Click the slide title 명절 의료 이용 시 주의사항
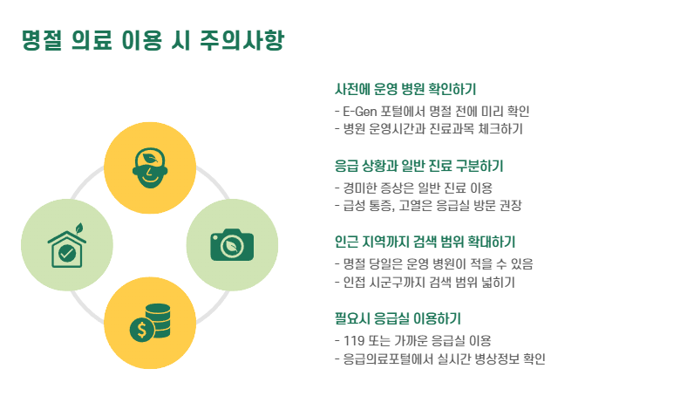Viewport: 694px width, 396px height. pos(153,41)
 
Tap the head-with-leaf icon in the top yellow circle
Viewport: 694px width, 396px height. pos(149,164)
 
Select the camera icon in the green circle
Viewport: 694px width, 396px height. pos(231,244)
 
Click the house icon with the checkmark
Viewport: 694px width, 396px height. pos(66,248)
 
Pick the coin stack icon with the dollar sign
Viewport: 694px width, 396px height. pos(149,323)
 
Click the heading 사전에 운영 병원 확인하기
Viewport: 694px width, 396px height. pos(405,89)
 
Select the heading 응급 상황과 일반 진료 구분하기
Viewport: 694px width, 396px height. pos(419,165)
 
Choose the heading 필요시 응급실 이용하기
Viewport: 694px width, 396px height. pos(398,317)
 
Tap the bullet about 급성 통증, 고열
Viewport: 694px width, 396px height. pos(427,206)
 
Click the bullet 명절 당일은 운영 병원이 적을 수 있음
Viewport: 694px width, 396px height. pos(433,263)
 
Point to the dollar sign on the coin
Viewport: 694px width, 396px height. pos(139,330)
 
